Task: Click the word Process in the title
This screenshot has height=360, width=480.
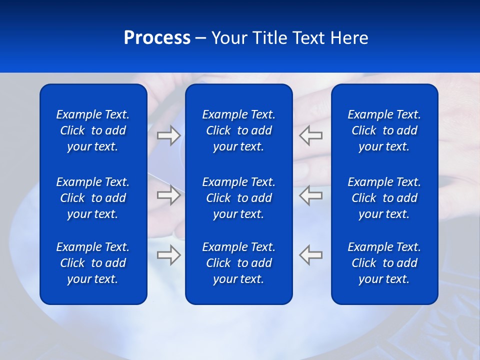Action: click(x=157, y=38)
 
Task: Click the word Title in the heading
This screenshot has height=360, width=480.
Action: click(x=268, y=38)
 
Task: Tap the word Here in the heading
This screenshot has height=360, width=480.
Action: click(x=349, y=38)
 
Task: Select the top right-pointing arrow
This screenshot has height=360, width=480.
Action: click(x=168, y=135)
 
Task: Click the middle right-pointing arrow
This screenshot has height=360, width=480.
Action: click(x=168, y=195)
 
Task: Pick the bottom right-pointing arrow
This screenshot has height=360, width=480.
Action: click(x=168, y=254)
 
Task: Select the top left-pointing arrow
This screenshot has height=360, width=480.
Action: click(x=311, y=135)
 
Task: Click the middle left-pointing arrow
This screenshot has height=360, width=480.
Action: click(x=311, y=195)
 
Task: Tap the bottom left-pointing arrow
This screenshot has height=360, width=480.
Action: click(x=311, y=254)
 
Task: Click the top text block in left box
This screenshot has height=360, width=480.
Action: click(x=93, y=130)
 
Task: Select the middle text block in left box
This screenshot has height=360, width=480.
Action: click(x=93, y=198)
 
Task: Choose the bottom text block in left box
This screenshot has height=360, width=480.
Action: click(x=93, y=263)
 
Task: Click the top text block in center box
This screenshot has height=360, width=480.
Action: click(x=238, y=130)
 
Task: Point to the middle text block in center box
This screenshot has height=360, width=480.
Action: click(x=238, y=198)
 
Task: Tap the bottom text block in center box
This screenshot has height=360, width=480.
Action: click(x=238, y=263)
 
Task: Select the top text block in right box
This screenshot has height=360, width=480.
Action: click(x=384, y=130)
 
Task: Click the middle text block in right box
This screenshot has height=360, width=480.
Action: click(x=384, y=198)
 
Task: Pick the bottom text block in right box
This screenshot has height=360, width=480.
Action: click(x=384, y=263)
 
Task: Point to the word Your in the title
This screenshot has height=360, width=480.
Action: click(x=229, y=38)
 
